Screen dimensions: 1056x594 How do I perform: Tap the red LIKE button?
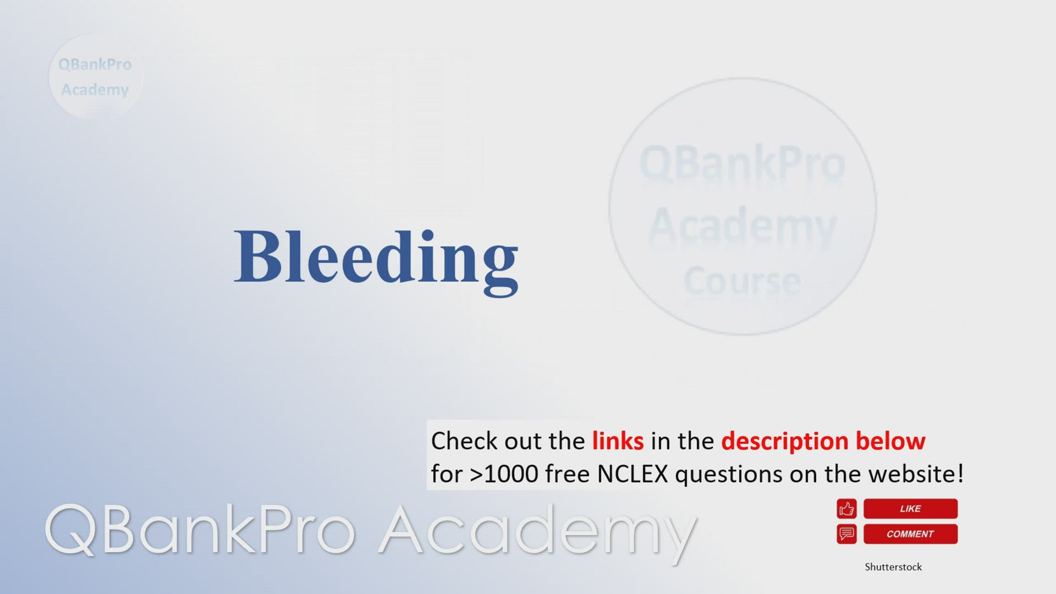(910, 509)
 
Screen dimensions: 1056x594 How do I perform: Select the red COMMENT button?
(910, 534)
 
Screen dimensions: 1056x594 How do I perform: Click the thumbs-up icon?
(846, 509)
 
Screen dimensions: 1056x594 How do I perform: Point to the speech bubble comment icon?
(846, 534)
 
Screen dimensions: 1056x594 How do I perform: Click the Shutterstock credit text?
(893, 567)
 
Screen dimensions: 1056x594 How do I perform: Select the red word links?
(618, 441)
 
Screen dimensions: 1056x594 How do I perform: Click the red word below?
(890, 441)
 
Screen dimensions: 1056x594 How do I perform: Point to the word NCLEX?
(632, 474)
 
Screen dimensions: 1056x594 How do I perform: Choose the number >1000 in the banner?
(504, 474)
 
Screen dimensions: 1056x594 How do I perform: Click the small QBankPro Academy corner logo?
(96, 76)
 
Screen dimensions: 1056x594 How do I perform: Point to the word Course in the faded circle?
(742, 280)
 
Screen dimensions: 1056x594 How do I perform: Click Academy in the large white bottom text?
(538, 533)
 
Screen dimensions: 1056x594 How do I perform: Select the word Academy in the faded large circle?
(743, 227)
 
